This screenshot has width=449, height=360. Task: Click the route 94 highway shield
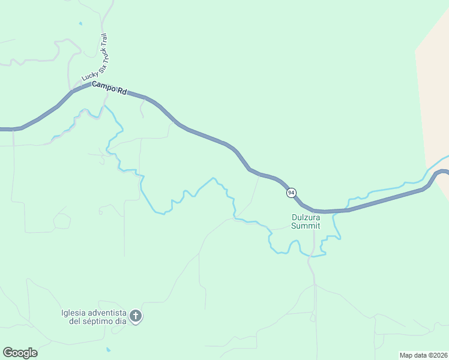click(291, 193)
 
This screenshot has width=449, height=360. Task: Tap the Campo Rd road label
click(110, 88)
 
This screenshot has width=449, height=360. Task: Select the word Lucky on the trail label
click(89, 76)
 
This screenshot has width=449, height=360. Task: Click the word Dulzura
click(306, 218)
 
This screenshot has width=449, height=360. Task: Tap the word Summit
click(306, 226)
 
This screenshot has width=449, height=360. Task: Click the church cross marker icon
click(136, 316)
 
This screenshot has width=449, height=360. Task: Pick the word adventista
click(107, 313)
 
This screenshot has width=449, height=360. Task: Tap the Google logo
click(20, 352)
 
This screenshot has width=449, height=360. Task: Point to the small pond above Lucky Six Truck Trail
click(80, 24)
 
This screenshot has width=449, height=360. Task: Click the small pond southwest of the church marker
click(108, 349)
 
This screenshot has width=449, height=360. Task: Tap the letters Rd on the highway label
click(122, 91)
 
